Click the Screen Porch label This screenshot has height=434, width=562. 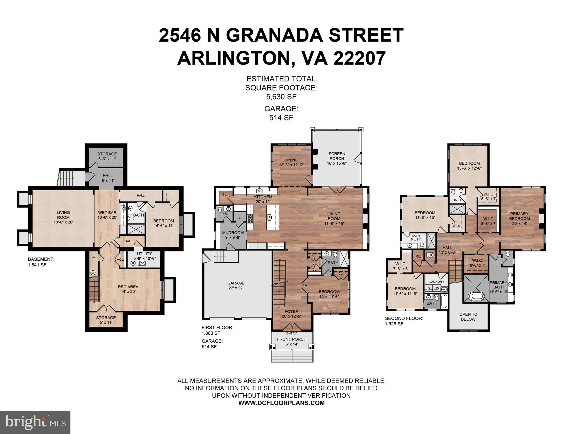click(x=337, y=158)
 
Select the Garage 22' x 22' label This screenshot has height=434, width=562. click(x=236, y=285)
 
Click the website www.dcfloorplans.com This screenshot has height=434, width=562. click(x=281, y=403)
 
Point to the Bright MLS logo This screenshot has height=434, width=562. click(x=35, y=422)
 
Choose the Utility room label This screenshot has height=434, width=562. click(x=144, y=256)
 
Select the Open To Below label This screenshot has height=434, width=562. click(x=468, y=317)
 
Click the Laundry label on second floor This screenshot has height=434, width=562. click(x=437, y=282)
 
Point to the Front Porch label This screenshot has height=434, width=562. click(x=292, y=342)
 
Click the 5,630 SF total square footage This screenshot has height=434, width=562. click(x=281, y=97)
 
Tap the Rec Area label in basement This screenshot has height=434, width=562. click(x=128, y=289)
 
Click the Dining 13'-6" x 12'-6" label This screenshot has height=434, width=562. click(x=291, y=162)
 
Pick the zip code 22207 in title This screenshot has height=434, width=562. click(x=359, y=58)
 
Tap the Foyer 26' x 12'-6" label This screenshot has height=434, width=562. click(x=291, y=314)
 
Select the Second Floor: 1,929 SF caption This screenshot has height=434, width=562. click(x=404, y=321)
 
